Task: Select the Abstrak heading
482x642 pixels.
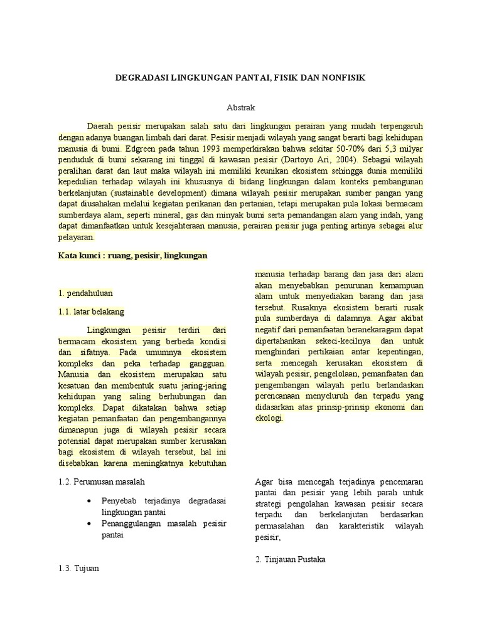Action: click(x=240, y=107)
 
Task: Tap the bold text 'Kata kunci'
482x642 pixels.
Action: click(x=78, y=256)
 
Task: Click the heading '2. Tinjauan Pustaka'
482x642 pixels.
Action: click(x=291, y=559)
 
